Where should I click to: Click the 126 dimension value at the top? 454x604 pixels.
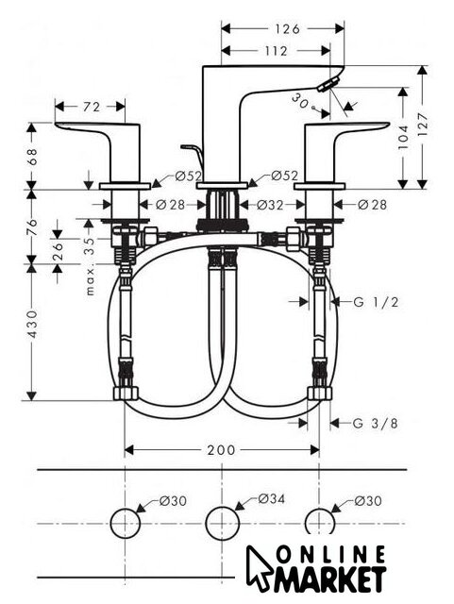click(287, 29)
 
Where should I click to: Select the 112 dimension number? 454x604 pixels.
click(276, 51)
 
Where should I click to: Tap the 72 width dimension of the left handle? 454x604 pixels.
click(92, 107)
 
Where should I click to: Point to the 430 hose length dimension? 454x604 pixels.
click(32, 325)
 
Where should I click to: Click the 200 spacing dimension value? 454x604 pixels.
click(221, 449)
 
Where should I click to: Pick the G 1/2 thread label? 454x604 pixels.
click(376, 302)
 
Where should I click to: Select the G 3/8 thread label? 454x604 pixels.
click(375, 424)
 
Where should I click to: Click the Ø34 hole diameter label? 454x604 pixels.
click(272, 499)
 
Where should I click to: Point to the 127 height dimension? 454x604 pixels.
click(423, 124)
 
